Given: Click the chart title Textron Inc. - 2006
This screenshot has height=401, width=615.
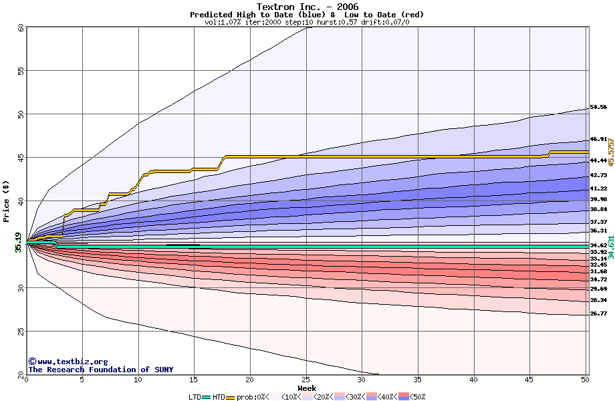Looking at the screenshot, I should click(x=307, y=7).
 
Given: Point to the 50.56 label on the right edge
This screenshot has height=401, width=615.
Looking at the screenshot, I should click(x=598, y=107).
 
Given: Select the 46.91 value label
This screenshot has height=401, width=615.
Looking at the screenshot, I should click(x=598, y=140).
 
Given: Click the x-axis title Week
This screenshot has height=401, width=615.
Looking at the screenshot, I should click(x=307, y=388).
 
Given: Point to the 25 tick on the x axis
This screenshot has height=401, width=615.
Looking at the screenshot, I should click(x=305, y=380).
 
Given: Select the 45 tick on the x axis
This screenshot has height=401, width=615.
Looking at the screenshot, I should click(x=529, y=380).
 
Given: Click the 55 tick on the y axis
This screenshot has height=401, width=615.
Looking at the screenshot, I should click(x=21, y=71).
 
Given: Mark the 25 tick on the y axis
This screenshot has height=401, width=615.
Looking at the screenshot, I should click(x=21, y=331).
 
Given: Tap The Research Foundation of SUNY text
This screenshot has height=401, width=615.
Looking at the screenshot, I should click(x=100, y=370).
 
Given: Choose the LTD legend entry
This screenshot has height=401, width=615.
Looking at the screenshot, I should click(x=195, y=397).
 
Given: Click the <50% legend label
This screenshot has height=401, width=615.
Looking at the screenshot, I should click(x=415, y=397).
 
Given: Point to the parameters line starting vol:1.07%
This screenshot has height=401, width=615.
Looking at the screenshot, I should click(x=307, y=22).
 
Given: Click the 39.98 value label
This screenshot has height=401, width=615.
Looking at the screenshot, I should click(x=598, y=199).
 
